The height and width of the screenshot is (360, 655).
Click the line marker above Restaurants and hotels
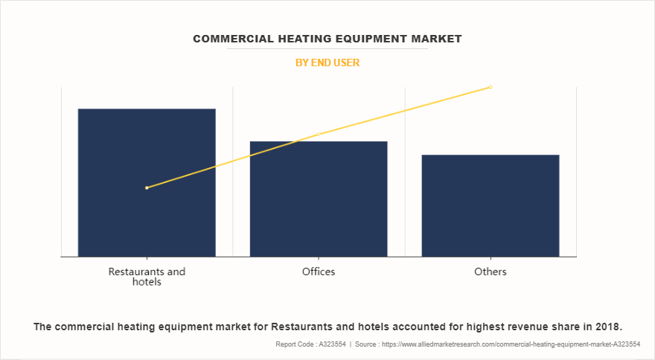coord(147,187)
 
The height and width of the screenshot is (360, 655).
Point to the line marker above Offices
coord(319,135)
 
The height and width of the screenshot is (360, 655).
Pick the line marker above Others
coord(491,87)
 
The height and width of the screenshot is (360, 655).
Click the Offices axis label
coord(319,271)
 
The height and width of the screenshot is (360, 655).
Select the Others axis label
coord(491,271)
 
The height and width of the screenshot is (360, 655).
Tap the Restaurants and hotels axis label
coord(147,276)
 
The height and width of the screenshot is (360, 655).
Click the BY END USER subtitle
coord(327,63)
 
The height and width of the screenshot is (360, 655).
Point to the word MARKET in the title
coord(435,39)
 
